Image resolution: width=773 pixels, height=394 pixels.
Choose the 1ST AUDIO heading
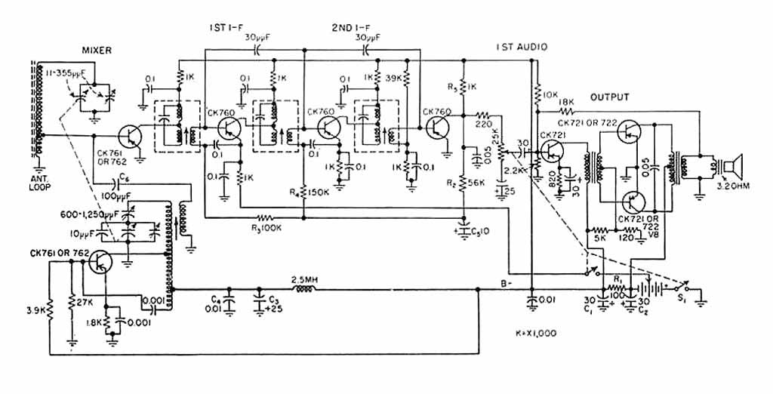[x=522, y=47]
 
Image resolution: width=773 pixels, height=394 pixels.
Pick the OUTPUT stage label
[x=610, y=97]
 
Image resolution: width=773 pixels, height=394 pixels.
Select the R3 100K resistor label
[x=265, y=226]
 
